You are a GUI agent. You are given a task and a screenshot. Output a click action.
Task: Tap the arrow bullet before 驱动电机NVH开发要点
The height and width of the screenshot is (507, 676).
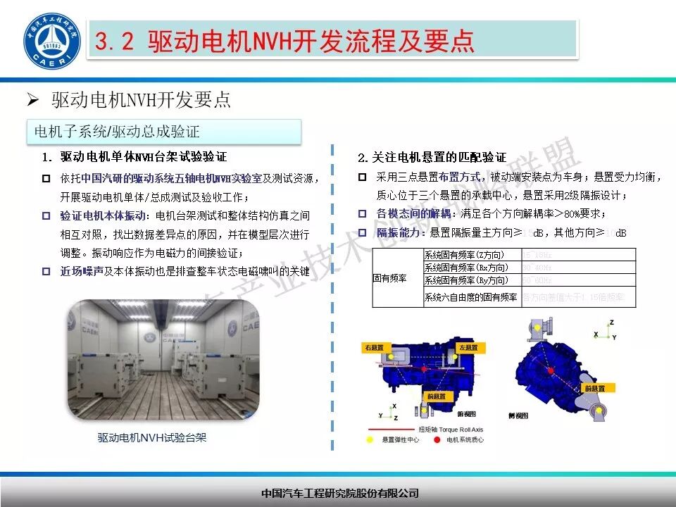(x=32, y=100)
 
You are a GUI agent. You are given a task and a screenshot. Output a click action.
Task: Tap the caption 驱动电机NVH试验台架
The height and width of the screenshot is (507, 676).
(x=152, y=438)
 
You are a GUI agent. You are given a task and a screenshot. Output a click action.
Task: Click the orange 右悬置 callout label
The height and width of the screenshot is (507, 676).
(x=373, y=348)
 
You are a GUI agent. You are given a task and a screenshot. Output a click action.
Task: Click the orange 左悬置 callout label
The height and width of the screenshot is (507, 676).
(x=469, y=347)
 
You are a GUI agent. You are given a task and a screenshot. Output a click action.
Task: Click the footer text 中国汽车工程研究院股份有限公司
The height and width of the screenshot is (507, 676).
(x=339, y=493)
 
